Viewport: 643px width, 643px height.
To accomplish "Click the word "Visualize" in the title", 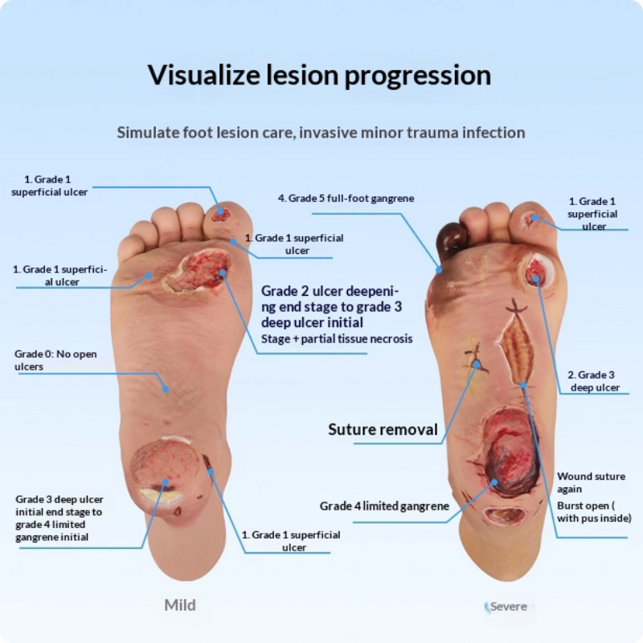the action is tap(204, 75).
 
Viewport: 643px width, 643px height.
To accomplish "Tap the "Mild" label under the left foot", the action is tap(180, 605).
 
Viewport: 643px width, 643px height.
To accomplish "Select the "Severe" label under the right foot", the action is tap(509, 607).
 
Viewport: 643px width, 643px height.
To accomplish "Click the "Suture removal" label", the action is tap(383, 429).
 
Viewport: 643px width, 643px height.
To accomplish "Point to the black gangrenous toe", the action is tap(452, 239).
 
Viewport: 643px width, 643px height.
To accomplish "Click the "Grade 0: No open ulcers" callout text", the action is tap(55, 360).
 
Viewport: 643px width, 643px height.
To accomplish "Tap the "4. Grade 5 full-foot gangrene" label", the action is tap(346, 198).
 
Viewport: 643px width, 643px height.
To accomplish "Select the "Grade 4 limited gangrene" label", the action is tap(384, 506).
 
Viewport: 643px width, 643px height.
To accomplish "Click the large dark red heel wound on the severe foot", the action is tap(510, 451).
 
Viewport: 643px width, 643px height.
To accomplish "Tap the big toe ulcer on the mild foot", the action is tap(220, 214).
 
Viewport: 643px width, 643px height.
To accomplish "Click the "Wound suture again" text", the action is tap(591, 482).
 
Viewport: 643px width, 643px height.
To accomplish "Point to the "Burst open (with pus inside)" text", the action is tap(594, 512).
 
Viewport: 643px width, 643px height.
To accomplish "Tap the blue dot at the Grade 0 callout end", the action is tap(166, 388).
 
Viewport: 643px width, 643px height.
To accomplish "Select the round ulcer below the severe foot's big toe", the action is tap(537, 271).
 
